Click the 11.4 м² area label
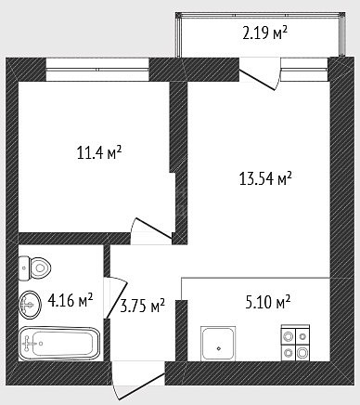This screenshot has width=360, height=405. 99,153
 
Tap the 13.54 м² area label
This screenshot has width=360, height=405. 265,178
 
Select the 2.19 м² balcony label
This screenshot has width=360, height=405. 265,33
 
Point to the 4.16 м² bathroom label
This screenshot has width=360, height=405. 71,300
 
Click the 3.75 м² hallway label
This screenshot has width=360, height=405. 142,306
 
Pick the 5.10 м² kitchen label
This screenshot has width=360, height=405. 268,302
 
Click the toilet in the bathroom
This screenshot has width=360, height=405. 34,268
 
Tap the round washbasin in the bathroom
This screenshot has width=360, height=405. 30,305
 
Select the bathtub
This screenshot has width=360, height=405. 59,343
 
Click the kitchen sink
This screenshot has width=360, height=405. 218,344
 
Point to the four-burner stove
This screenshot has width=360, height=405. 295,343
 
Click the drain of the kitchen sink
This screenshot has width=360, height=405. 219,348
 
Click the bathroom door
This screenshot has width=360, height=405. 115,298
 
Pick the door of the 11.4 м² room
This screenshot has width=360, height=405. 152,229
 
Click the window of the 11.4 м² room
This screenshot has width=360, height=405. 97,70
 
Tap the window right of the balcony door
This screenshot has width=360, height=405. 304,69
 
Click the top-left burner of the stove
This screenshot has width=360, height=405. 289,336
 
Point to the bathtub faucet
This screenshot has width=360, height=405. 30,343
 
